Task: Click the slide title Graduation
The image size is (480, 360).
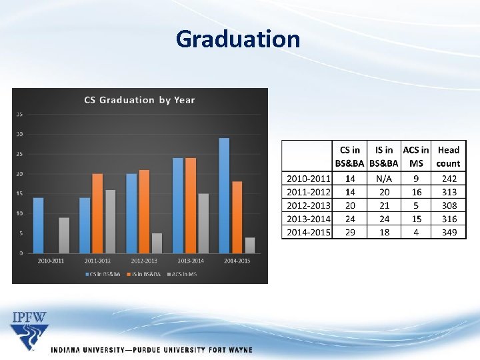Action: click(238, 39)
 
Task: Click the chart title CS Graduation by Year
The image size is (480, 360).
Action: click(139, 100)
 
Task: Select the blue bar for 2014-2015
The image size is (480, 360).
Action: click(224, 195)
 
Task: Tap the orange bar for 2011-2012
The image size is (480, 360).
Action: click(97, 213)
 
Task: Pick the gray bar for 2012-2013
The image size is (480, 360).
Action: click(157, 243)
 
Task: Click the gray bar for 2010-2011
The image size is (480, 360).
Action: click(64, 235)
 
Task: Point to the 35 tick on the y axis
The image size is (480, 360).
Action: click(19, 114)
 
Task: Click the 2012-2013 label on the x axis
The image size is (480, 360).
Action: click(144, 260)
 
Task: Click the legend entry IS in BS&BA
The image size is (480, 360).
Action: click(141, 273)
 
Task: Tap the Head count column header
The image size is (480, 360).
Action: click(449, 157)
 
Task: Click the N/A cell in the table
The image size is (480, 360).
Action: click(384, 178)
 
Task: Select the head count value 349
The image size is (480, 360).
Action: click(449, 232)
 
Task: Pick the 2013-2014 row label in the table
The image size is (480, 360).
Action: click(309, 219)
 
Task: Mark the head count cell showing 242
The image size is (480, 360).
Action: click(449, 178)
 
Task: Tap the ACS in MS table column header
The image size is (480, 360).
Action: click(416, 157)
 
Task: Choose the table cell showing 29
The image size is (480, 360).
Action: click(351, 232)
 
